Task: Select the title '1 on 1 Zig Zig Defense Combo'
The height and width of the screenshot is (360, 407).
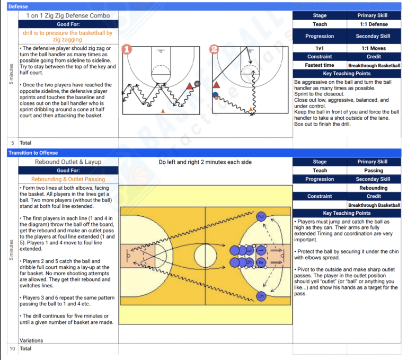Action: tap(68, 15)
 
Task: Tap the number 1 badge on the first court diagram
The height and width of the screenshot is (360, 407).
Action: tap(127, 49)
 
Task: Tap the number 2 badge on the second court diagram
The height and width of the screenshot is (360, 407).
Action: tap(214, 49)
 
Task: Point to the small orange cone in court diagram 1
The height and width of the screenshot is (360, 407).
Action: tap(162, 110)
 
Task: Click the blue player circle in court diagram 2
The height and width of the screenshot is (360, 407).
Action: tap(215, 95)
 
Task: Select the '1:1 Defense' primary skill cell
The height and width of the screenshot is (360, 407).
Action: tap(374, 24)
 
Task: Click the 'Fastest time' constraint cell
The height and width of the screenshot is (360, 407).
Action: tap(320, 65)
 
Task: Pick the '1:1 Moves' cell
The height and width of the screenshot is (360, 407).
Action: tap(374, 48)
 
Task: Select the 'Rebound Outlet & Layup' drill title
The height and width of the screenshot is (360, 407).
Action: tap(68, 162)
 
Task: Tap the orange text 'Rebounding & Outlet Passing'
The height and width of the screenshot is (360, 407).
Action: tap(68, 179)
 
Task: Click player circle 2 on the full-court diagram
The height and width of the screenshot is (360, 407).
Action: tap(260, 216)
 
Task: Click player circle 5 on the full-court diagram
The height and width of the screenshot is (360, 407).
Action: tap(260, 296)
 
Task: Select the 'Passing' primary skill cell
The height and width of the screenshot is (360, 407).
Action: tap(374, 171)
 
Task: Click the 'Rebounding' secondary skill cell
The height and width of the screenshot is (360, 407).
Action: tap(374, 188)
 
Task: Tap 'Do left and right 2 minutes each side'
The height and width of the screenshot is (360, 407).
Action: tap(205, 162)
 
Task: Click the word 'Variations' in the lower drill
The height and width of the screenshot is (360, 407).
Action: tap(31, 340)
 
